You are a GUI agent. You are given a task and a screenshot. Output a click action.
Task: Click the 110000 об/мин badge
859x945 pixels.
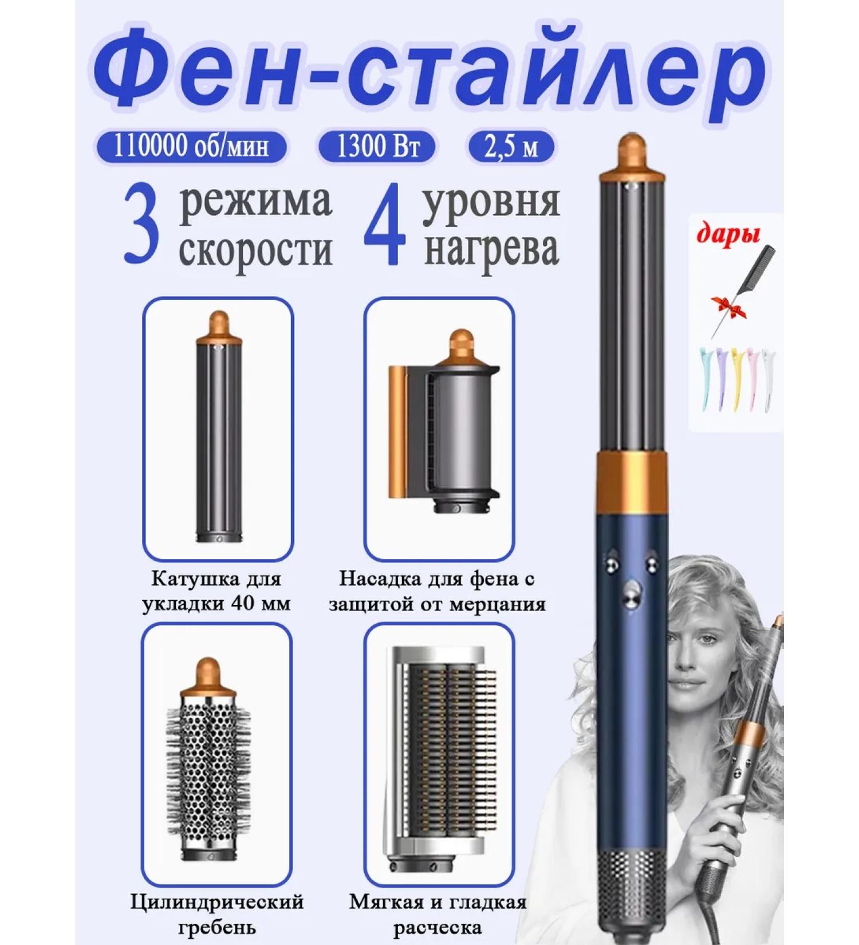[x=191, y=147]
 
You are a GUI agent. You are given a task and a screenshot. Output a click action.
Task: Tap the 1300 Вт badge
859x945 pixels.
[x=377, y=147]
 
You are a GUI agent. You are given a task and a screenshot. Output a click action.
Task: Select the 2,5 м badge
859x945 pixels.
[x=512, y=147]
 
